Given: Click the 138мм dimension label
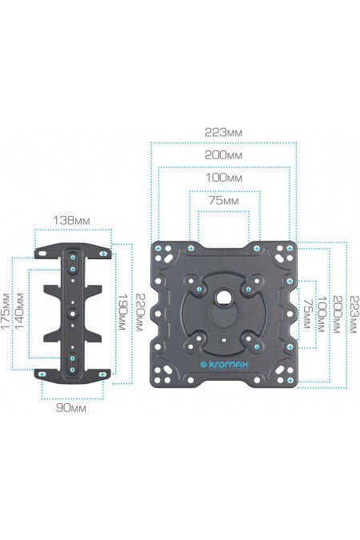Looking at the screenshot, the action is point(72,220).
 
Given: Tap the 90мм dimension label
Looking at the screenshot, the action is point(71,408).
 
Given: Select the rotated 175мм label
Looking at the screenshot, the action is point(6,311).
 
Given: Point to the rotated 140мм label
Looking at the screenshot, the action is point(19,310).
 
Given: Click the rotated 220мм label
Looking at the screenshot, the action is point(138,312).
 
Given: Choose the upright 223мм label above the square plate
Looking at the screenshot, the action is point(223,132).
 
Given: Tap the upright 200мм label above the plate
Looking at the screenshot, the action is point(223,155).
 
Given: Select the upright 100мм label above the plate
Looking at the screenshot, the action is point(224,178).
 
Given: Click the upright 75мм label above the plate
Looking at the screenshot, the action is point(223,201).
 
